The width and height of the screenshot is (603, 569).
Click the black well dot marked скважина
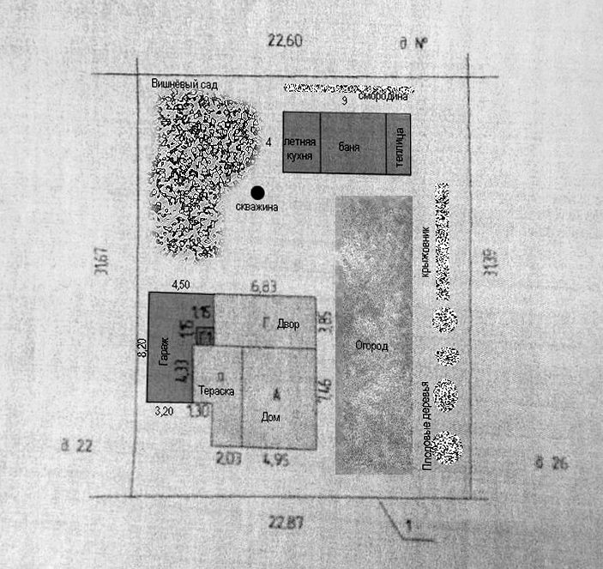[x=257, y=192]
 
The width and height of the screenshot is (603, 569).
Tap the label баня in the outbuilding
[x=349, y=148]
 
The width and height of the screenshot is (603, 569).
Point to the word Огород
[x=371, y=346]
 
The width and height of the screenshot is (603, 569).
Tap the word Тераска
[x=216, y=390]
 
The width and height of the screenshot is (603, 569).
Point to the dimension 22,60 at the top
[x=286, y=39]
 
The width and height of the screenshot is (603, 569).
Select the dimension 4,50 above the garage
[x=182, y=284]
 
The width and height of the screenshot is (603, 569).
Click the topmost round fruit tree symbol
[x=443, y=319]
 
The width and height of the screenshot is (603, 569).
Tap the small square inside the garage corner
[x=205, y=336]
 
